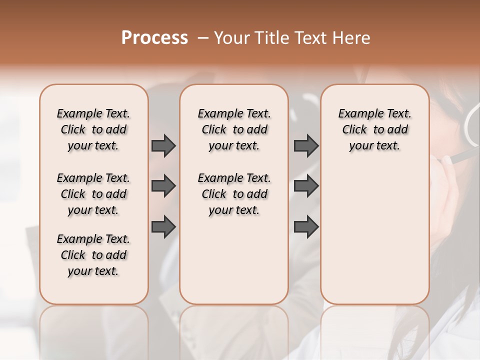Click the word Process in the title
tap(154, 38)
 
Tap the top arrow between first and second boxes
tap(163, 145)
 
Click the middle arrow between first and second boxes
tap(163, 186)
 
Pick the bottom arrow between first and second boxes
tap(163, 226)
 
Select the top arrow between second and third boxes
tap(306, 145)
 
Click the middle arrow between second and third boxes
tap(306, 186)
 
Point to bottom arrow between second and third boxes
tap(306, 226)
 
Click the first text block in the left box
tap(93, 129)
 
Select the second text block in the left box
tap(93, 194)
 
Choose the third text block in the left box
tap(93, 255)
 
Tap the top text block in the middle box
tap(234, 129)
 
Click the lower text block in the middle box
tap(234, 194)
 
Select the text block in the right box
tap(374, 129)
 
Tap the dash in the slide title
tap(202, 38)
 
